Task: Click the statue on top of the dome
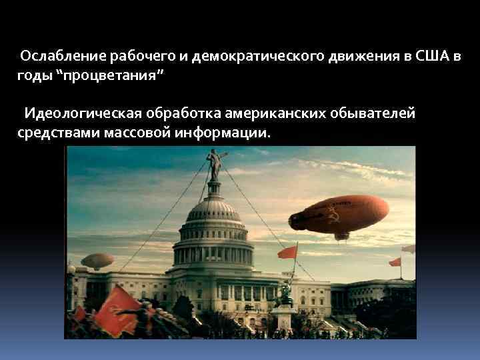pyautogui.click(x=214, y=163)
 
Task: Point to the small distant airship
pyautogui.click(x=97, y=260)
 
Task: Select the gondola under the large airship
pyautogui.click(x=342, y=235)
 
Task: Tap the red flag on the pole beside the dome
pyautogui.click(x=288, y=252)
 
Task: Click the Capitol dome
pyautogui.click(x=214, y=220)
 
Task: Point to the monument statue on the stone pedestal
pyautogui.click(x=286, y=294)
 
